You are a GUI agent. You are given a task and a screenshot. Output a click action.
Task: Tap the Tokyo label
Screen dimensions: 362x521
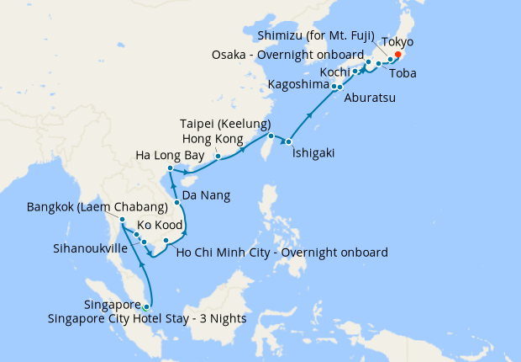(397, 41)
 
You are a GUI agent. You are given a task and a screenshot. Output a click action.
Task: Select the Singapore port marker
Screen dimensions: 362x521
(147, 306)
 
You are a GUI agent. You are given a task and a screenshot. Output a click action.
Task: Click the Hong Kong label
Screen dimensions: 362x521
(213, 138)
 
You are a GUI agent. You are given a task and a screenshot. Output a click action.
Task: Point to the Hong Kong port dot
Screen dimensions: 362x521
(217, 156)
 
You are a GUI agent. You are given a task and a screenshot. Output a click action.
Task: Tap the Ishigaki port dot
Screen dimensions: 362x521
(288, 141)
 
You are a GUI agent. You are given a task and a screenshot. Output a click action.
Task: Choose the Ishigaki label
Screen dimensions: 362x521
(316, 154)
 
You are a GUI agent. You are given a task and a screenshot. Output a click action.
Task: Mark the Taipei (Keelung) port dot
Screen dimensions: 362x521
(271, 136)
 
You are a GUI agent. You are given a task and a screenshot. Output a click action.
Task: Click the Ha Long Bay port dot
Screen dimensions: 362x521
(171, 170)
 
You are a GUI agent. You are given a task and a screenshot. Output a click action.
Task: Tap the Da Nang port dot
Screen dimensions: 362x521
(177, 204)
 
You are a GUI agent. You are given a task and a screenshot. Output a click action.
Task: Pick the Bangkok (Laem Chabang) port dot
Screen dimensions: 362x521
(123, 220)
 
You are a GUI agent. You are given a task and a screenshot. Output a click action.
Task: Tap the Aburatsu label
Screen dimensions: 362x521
(372, 97)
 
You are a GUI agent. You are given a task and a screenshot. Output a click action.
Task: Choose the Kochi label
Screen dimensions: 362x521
(333, 71)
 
